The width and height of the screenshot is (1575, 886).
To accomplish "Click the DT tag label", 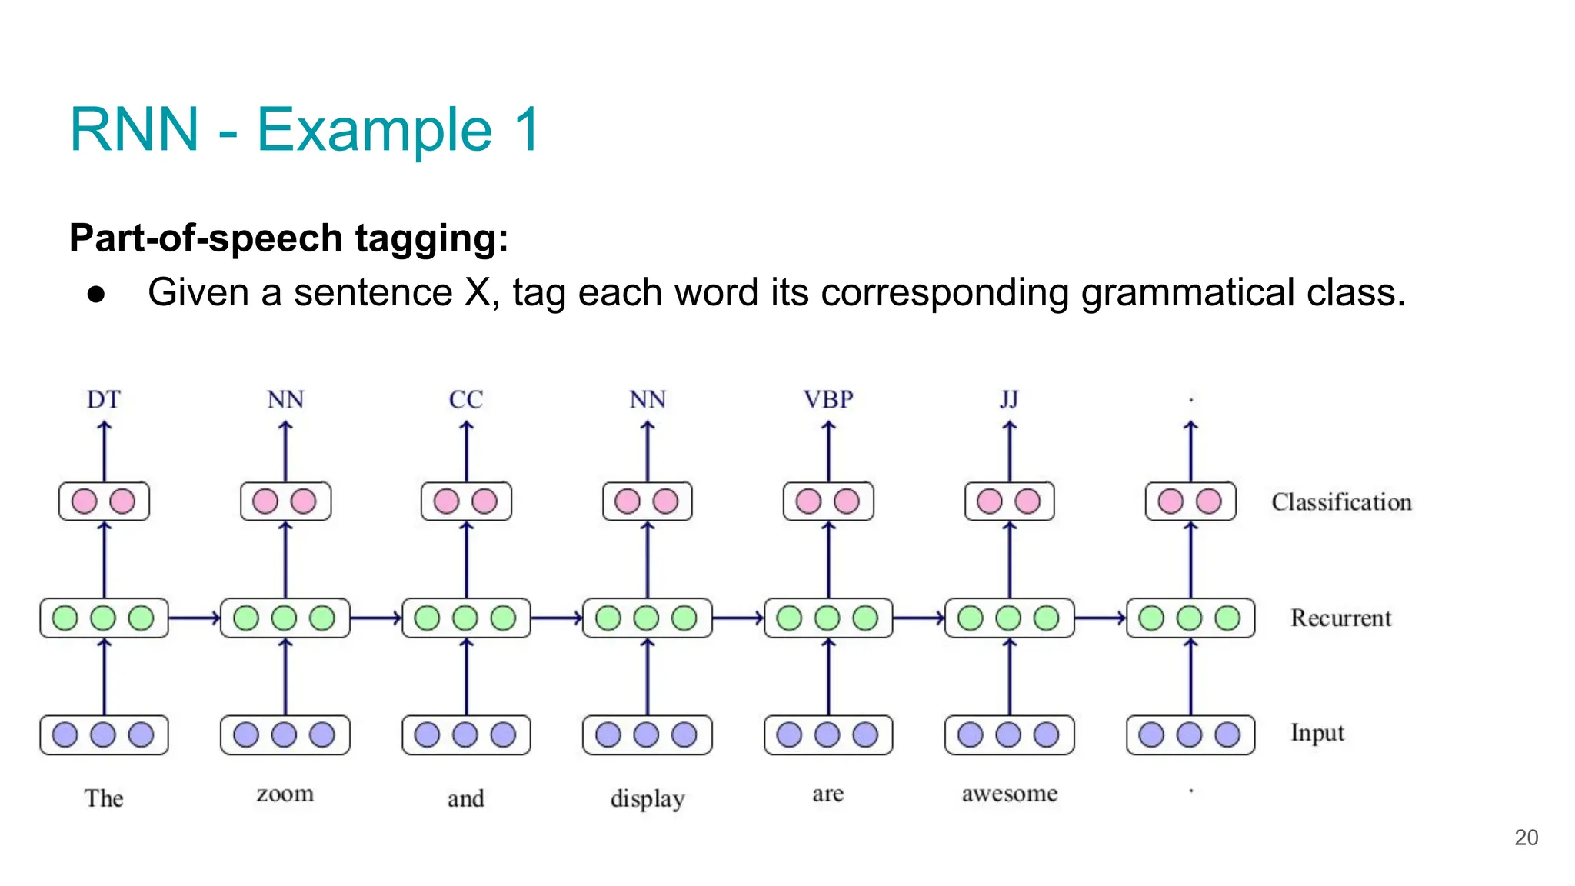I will pos(104,399).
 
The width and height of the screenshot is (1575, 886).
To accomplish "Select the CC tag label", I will pos(466,399).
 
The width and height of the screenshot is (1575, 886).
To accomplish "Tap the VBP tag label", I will pos(828,399).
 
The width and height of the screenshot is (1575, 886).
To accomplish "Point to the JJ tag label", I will pos(1009,399).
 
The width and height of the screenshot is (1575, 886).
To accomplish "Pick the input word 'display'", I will pos(648,798).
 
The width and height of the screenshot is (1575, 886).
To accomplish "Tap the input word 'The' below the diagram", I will pos(104,798).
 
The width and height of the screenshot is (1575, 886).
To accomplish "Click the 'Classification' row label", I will pos(1341,502).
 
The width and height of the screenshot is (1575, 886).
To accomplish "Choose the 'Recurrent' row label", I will pos(1340,618).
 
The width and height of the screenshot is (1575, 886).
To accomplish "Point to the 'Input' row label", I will pos(1317,733).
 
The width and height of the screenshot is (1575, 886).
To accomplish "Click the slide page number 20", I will pos(1526,838).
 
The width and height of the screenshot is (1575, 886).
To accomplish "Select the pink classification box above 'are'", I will pos(828,501).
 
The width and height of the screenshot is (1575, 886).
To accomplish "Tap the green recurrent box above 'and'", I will pos(466,618).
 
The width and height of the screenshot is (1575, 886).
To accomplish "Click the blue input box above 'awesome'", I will pos(1010,735).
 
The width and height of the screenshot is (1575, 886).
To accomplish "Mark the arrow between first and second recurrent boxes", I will pos(194,618).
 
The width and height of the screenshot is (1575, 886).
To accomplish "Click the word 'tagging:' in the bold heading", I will pos(431,238).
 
